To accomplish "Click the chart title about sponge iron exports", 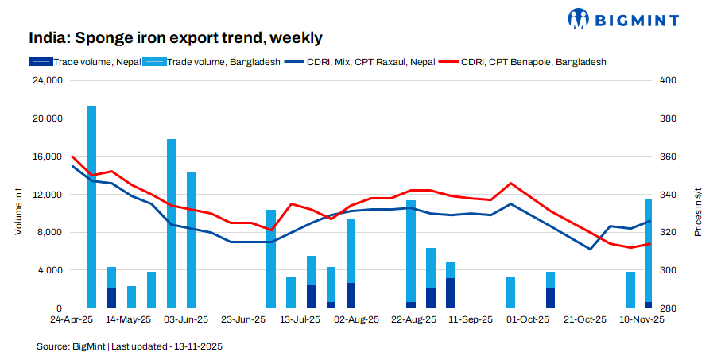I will pos(176,37).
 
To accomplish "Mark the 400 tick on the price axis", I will pos(668,80).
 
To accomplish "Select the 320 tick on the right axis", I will pos(668,232).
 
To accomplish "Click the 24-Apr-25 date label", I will pos(72,320).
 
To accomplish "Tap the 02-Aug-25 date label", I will pos(355,320).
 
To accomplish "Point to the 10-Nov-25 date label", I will pos(642,320).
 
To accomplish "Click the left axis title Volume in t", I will pos(17,207).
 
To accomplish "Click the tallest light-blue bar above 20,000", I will pos(91,207).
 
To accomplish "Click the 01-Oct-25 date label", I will pos(528,320).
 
